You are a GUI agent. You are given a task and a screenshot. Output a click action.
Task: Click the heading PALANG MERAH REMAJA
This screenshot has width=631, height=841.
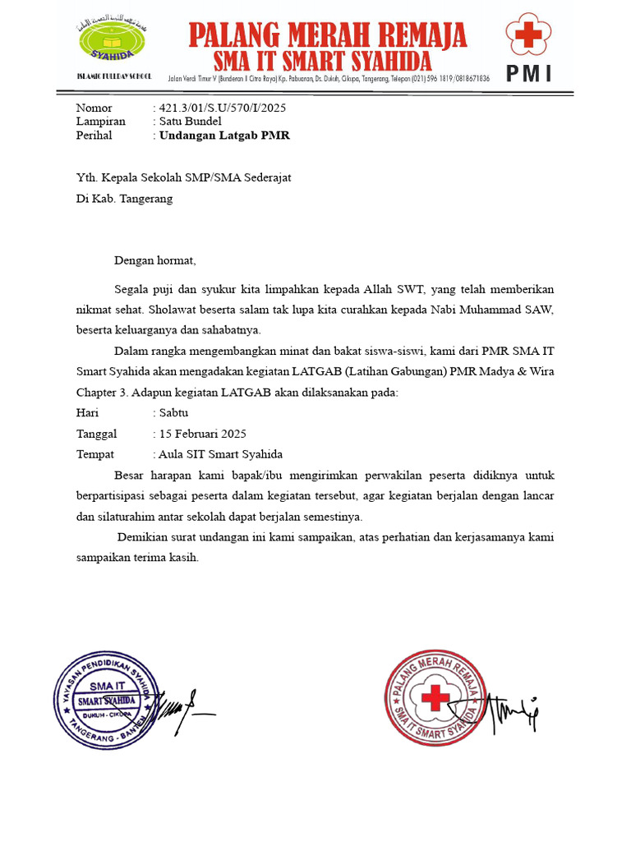click(328, 35)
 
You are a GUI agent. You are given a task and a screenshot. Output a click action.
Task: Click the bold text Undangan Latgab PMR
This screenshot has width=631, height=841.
click(224, 136)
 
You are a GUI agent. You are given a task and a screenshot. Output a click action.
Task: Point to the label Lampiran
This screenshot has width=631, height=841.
click(100, 122)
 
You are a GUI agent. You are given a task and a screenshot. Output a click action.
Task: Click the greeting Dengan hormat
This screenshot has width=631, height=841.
click(155, 261)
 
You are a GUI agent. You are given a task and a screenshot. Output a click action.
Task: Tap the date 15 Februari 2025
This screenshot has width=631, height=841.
click(203, 434)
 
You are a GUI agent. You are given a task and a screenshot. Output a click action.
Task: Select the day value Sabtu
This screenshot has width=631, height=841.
click(173, 413)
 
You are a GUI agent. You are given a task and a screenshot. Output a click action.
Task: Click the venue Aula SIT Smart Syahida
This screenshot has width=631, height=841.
click(221, 454)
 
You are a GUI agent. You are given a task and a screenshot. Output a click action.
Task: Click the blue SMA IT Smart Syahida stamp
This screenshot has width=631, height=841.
click(104, 700)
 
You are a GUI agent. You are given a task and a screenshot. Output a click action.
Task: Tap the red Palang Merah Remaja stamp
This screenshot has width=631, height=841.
click(433, 698)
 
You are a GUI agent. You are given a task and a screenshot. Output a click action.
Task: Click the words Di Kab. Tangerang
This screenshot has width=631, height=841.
click(124, 199)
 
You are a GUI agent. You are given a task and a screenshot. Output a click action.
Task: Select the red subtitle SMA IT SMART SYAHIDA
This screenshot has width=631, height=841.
click(322, 61)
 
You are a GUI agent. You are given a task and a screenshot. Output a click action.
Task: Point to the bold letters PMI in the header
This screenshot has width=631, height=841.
click(528, 74)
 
